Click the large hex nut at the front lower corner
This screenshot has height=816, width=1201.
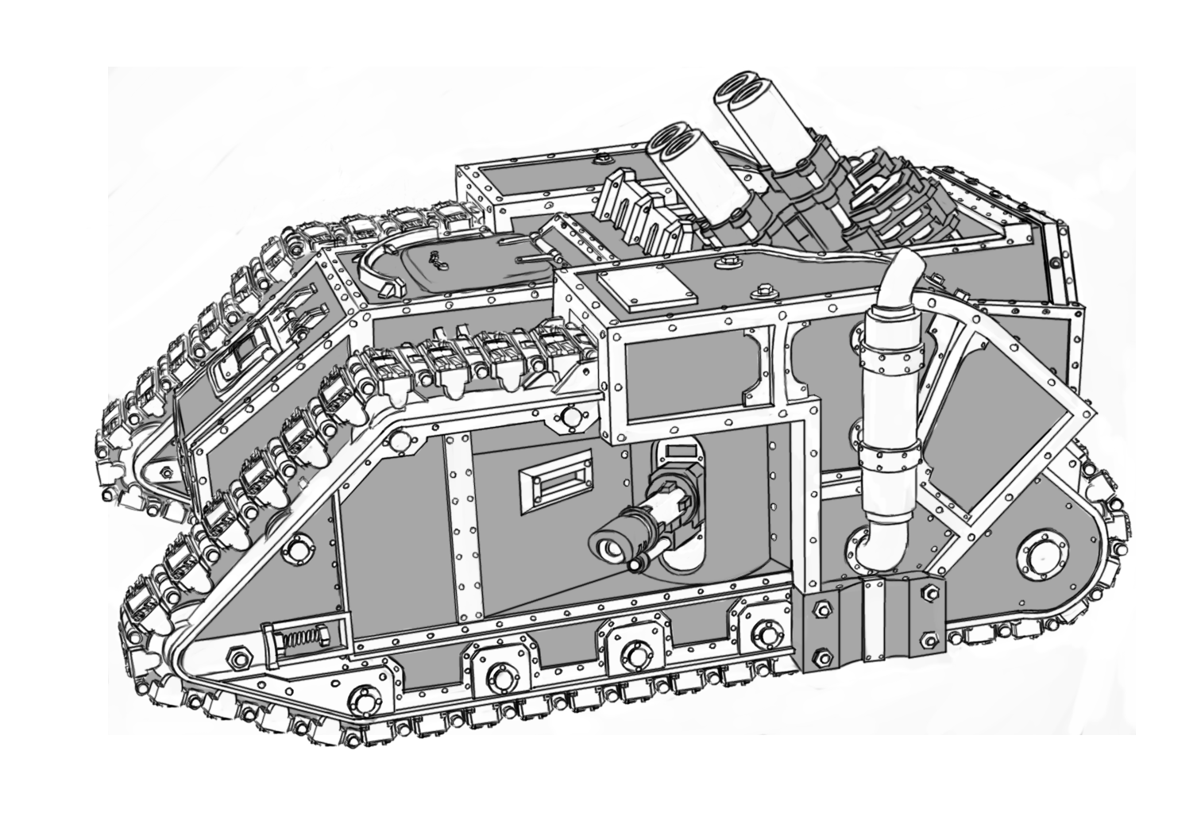238,658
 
